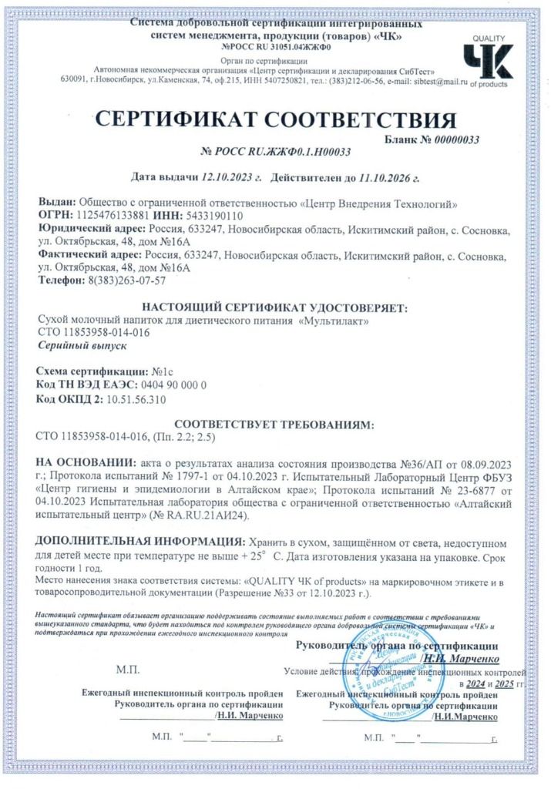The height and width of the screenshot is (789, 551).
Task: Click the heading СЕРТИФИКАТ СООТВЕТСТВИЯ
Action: pos(275,120)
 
